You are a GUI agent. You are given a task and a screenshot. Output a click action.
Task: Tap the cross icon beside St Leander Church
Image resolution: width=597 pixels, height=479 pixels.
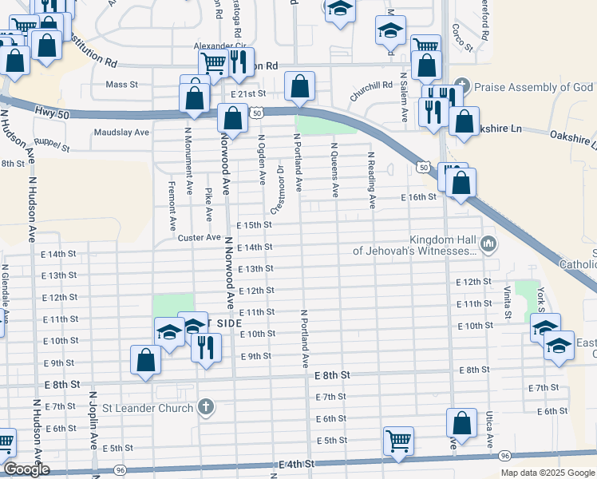coord(206,407)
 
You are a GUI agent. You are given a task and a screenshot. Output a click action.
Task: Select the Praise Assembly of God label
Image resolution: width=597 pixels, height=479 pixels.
coord(534,86)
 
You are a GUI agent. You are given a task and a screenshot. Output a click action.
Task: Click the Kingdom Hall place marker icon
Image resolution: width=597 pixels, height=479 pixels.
coord(489,242)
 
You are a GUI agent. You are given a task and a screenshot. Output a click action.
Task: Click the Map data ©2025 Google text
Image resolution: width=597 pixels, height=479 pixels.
coord(547,473)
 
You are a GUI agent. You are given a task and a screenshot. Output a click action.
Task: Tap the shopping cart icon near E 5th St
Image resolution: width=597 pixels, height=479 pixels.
coord(397,439)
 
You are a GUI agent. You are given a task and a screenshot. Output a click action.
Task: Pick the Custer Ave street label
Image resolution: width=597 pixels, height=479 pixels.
coord(199,237)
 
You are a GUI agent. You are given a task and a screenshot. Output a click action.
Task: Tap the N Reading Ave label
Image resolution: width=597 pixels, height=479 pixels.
coord(371,180)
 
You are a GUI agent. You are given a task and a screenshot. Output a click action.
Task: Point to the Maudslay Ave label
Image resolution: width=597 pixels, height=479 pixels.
coord(121,132)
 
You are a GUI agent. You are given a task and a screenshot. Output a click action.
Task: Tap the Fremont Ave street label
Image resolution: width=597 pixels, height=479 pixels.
coord(172,206)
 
